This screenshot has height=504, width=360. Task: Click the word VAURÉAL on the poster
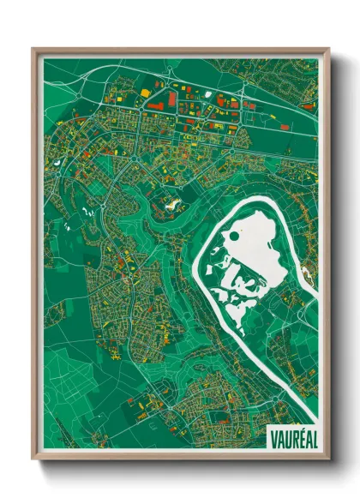(293, 435)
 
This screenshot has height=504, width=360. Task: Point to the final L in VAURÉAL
(313, 435)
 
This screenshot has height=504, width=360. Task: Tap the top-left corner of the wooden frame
(33, 50)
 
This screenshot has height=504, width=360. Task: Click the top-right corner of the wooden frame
(329, 50)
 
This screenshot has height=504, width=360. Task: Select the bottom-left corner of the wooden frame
(33, 459)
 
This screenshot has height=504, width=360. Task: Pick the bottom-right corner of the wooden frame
(329, 459)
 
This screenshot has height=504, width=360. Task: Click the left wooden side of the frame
(35, 257)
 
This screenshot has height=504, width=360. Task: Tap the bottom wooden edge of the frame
(180, 456)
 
